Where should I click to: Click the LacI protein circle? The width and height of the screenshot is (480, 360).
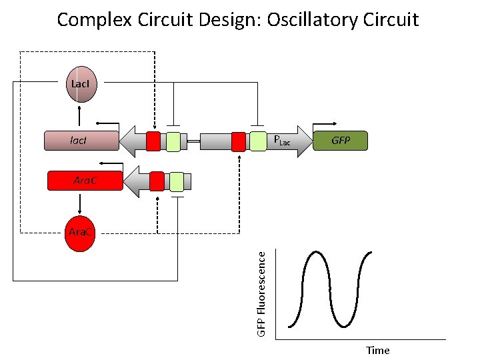[80, 85]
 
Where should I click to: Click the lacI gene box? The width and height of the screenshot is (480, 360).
[80, 141]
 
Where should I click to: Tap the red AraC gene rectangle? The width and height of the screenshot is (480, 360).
[85, 181]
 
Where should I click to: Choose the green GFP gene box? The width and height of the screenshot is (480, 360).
[340, 141]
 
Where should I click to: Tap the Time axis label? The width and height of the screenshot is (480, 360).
[377, 350]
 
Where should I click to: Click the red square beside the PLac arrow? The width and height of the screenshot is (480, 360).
[239, 141]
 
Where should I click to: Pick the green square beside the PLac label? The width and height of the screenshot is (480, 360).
[257, 141]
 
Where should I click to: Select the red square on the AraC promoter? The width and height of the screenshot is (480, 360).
[157, 181]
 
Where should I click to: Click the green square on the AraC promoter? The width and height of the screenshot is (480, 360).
[176, 181]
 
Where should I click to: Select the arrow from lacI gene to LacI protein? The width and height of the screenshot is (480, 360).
[80, 116]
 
